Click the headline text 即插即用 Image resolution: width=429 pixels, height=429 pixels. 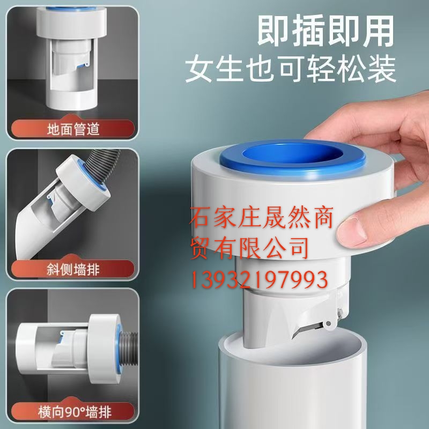(x=325, y=31)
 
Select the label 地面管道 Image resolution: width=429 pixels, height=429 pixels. (x=73, y=129)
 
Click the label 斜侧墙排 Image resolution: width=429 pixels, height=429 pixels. (x=73, y=270)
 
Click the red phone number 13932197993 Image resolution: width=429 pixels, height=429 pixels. (x=259, y=279)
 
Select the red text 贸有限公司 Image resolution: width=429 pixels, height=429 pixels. (x=249, y=248)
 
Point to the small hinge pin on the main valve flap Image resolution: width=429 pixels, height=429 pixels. (x=329, y=324)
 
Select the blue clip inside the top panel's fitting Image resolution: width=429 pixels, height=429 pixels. (x=84, y=65)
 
